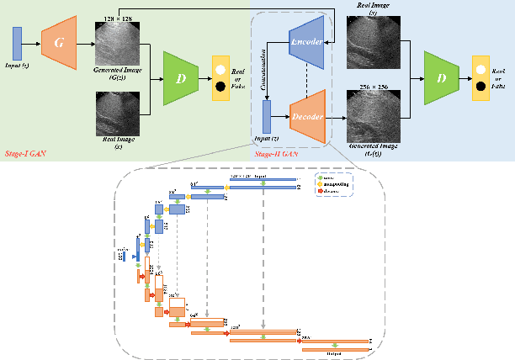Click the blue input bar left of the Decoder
267,116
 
